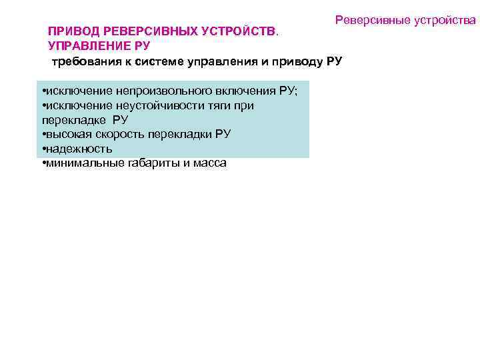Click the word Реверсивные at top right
click(x=371, y=21)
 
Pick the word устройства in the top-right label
click(x=444, y=21)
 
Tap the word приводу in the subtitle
click(x=295, y=62)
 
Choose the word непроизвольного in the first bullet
click(x=161, y=91)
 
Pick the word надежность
click(x=78, y=149)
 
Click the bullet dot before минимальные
click(x=43, y=163)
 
